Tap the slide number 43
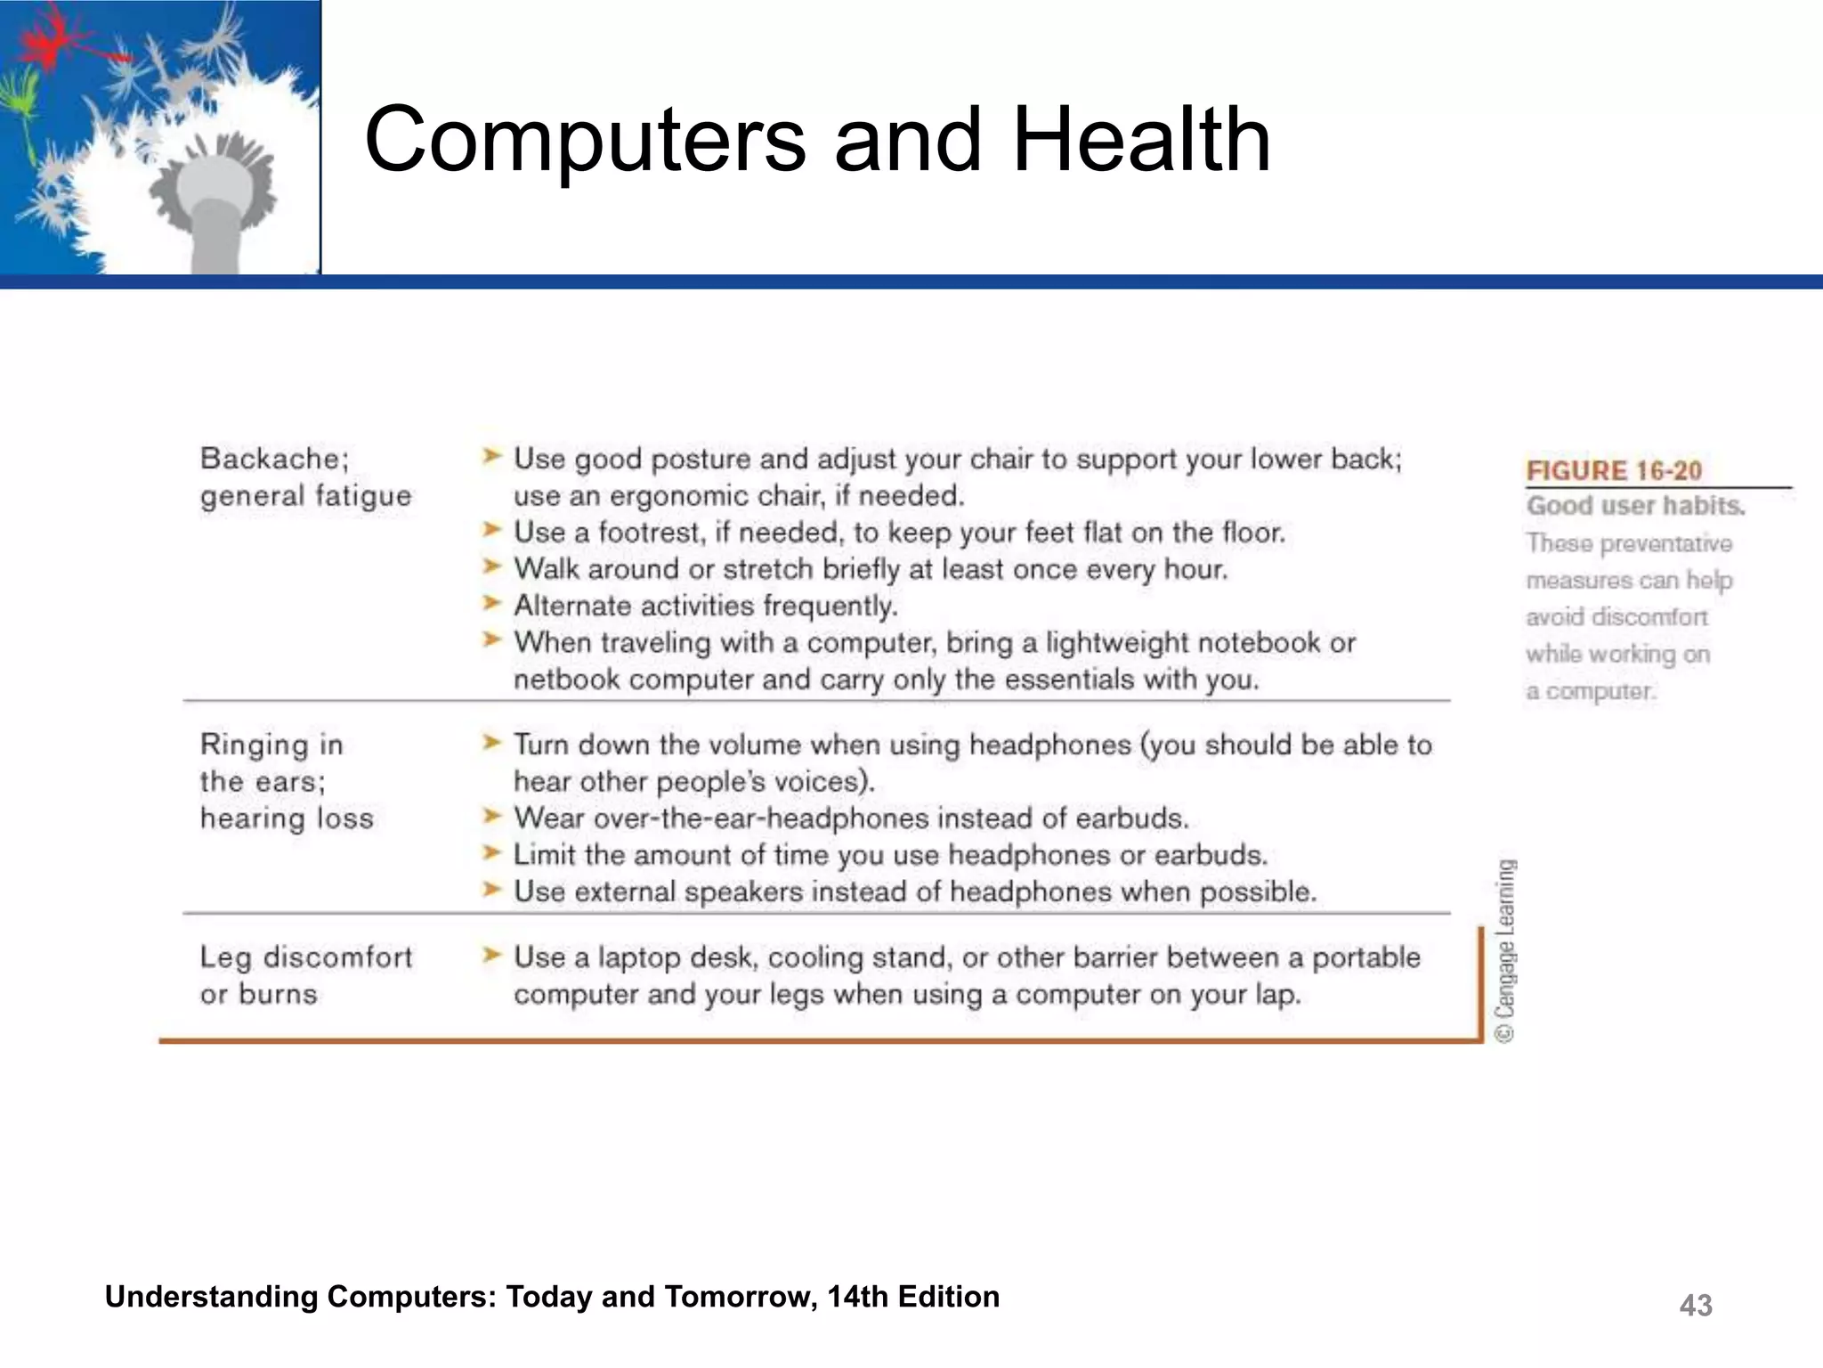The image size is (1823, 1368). pyautogui.click(x=1695, y=1306)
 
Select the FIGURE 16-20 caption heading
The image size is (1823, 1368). pyautogui.click(x=1614, y=470)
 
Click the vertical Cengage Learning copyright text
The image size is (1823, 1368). pyautogui.click(x=1504, y=950)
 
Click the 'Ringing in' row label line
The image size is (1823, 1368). pyautogui.click(x=271, y=744)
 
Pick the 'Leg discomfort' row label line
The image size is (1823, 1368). pyautogui.click(x=306, y=957)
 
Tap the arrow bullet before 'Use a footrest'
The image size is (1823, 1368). pyautogui.click(x=491, y=530)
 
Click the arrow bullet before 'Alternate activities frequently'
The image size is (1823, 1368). pyautogui.click(x=491, y=603)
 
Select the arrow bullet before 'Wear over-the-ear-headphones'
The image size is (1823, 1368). pyautogui.click(x=491, y=816)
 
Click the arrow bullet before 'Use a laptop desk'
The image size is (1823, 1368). pyautogui.click(x=491, y=956)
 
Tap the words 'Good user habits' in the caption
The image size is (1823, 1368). pyautogui.click(x=1634, y=506)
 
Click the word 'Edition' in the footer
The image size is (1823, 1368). pyautogui.click(x=948, y=1297)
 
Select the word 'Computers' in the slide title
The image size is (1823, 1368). pyautogui.click(x=585, y=140)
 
